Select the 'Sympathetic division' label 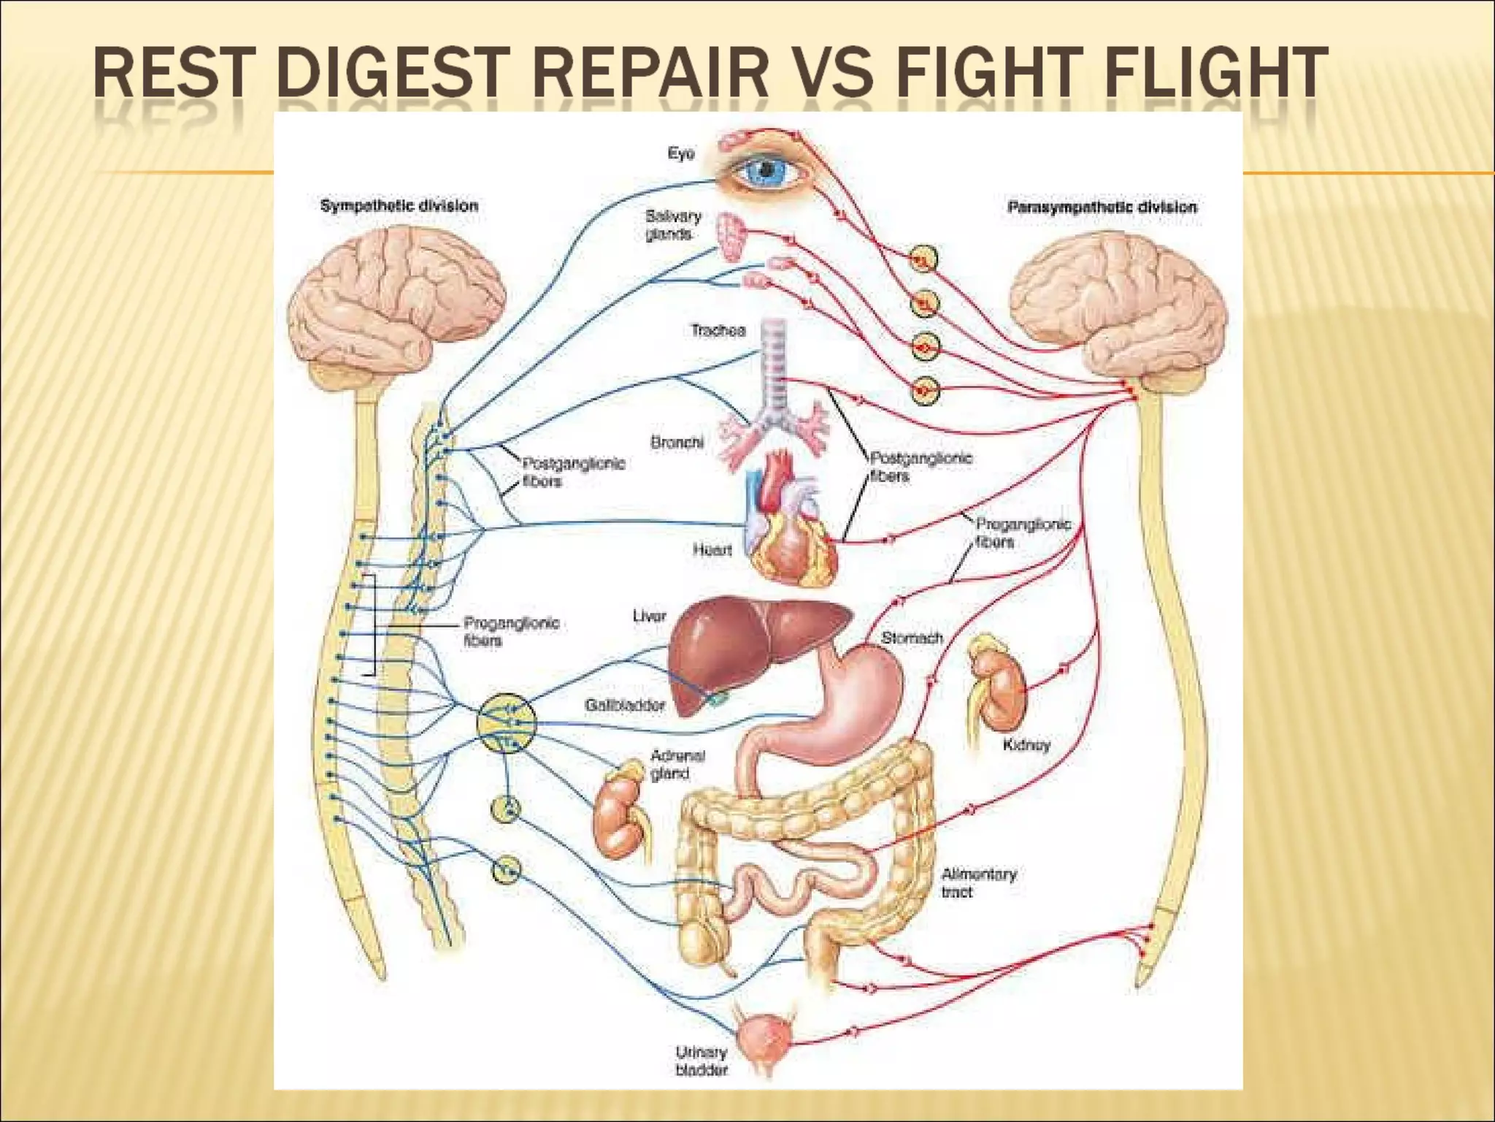pos(399,206)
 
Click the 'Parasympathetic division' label pos(1102,207)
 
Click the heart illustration pos(792,526)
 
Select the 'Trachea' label pos(718,331)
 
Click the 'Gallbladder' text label pos(625,706)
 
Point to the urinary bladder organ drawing pos(761,1037)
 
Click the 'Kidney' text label pos(1026,745)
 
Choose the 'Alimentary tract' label pos(978,882)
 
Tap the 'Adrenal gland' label pos(677,765)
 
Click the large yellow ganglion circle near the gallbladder pos(507,723)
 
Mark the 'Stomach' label pos(912,638)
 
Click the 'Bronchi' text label pos(677,443)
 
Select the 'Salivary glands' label pos(672,225)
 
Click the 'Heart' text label pos(712,549)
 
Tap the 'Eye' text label pos(680,153)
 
